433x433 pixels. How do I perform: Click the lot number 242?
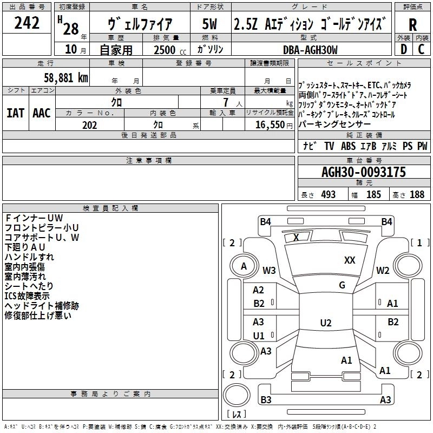point(27,23)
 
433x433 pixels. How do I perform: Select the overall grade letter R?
point(412,25)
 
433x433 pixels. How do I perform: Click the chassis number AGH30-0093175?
point(364,173)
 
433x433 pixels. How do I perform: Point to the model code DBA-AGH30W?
point(310,50)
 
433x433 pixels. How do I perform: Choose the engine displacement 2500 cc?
point(166,50)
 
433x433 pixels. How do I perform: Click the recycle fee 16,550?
point(268,124)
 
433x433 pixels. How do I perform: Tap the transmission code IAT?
point(15,113)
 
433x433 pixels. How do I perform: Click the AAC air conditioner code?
point(42,113)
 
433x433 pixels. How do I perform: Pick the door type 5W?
point(210,24)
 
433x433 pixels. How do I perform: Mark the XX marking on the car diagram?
point(350,260)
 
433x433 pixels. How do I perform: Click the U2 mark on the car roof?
point(325,323)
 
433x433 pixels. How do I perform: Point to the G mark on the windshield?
point(342,285)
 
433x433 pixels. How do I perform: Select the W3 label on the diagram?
point(269,270)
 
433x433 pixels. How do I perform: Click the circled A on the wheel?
point(244,266)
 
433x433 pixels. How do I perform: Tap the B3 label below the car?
point(266,400)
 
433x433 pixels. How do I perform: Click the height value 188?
point(417,195)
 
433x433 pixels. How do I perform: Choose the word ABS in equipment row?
point(348,146)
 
